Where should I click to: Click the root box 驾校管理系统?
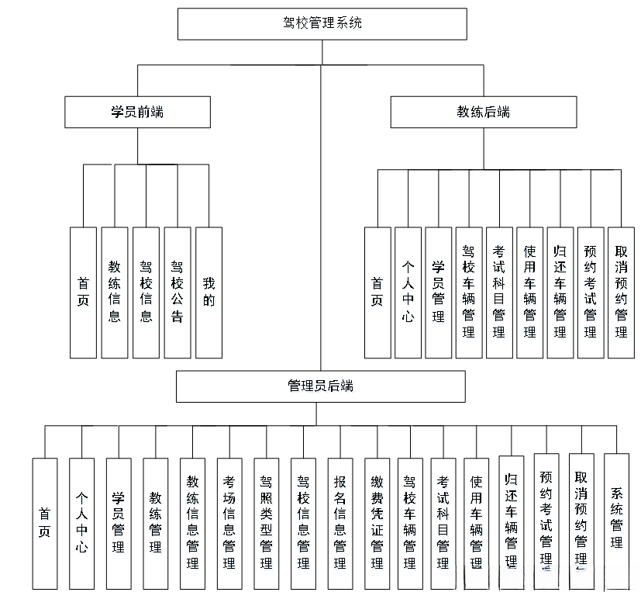pyautogui.click(x=322, y=23)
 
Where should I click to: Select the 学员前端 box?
pyautogui.click(x=137, y=112)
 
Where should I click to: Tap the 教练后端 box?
pyautogui.click(x=483, y=112)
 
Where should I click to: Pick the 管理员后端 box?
pyautogui.click(x=320, y=386)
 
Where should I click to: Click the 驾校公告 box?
pyautogui.click(x=177, y=293)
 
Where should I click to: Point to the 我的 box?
pyautogui.click(x=208, y=293)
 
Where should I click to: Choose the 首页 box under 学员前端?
pyautogui.click(x=83, y=293)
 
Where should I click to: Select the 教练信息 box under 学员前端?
pyautogui.click(x=115, y=293)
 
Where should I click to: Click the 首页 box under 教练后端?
pyautogui.click(x=377, y=293)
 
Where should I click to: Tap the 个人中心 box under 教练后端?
pyautogui.click(x=408, y=293)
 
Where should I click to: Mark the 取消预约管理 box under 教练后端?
pyautogui.click(x=621, y=293)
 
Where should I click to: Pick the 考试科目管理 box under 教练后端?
pyautogui.click(x=499, y=293)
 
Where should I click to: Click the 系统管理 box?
pyautogui.click(x=616, y=519)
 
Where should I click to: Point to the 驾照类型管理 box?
pyautogui.click(x=267, y=524)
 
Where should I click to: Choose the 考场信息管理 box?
pyautogui.click(x=229, y=524)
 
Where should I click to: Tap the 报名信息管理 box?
pyautogui.click(x=340, y=524)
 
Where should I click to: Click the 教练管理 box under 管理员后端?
pyautogui.click(x=155, y=524)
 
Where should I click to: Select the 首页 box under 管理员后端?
pyautogui.click(x=45, y=524)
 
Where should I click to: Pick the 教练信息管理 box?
pyautogui.click(x=192, y=524)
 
